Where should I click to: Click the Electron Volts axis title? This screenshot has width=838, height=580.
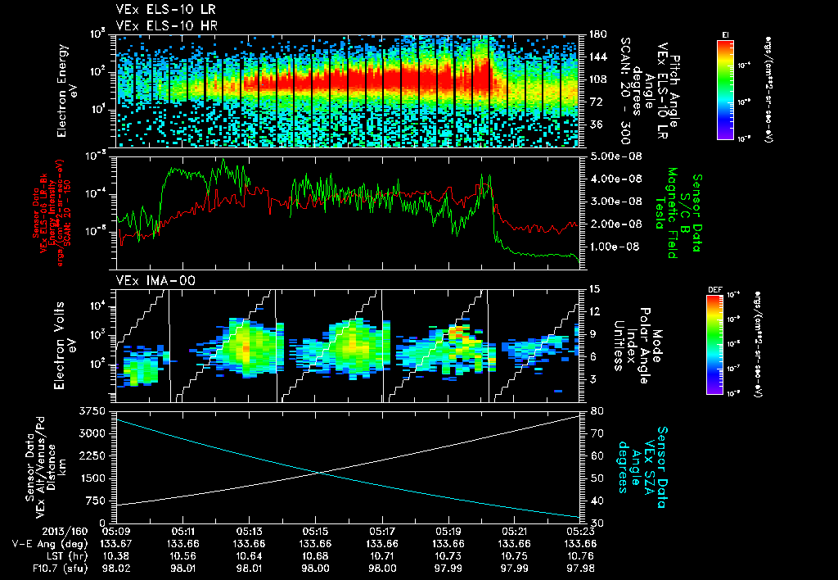click(68, 344)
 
